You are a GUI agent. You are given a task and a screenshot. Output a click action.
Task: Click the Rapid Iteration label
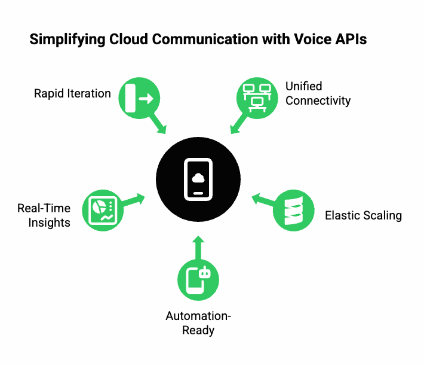[x=72, y=93]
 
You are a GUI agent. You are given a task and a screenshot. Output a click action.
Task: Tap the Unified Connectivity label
[x=318, y=93]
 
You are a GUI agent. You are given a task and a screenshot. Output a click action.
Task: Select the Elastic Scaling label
[x=363, y=215]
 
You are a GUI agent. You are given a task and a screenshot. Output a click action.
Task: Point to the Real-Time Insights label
[x=44, y=215]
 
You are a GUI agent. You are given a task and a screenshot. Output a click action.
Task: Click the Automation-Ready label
[x=198, y=323]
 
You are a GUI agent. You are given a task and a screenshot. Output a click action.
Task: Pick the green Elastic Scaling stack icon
[x=293, y=210]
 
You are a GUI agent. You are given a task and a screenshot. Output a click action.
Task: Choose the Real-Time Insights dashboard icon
[x=102, y=210]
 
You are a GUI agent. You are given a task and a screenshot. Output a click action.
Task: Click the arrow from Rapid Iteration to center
[x=158, y=124]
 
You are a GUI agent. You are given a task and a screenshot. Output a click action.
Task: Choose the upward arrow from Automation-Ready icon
[x=198, y=247]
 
